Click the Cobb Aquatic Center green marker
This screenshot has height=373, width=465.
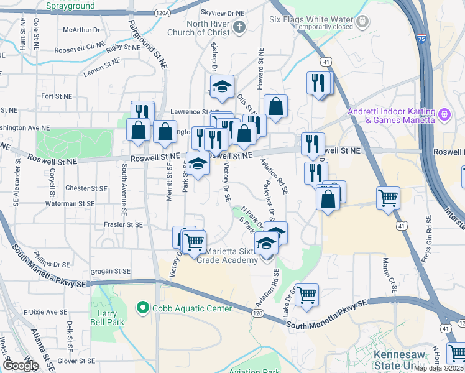[142, 308]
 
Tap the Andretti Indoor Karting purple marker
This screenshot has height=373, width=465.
[444, 115]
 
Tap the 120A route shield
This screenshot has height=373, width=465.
[162, 12]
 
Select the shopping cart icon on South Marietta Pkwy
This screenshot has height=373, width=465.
[306, 294]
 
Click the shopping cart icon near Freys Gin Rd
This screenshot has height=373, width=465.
[389, 198]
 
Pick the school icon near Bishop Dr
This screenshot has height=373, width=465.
[221, 88]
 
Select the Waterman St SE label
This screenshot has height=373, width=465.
[70, 203]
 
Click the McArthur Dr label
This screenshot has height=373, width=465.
[81, 29]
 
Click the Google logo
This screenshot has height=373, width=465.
[21, 365]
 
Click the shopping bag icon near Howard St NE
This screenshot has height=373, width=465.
[275, 106]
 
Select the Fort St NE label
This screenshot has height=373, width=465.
[57, 96]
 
